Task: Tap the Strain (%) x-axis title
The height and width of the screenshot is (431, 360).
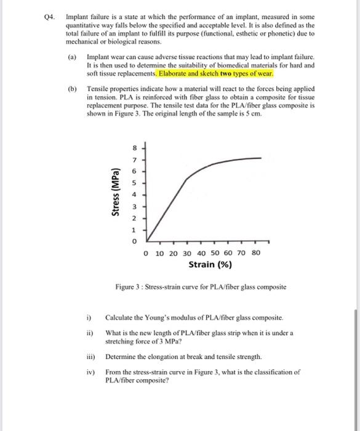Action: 210,265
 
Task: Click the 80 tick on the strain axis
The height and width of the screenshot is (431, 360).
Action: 257,253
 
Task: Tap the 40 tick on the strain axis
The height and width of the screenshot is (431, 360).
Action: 202,253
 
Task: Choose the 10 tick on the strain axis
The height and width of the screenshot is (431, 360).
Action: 160,253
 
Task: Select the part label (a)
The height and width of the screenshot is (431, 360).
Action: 73,56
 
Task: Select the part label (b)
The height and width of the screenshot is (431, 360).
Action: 73,89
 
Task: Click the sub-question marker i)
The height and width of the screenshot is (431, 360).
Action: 89,316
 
